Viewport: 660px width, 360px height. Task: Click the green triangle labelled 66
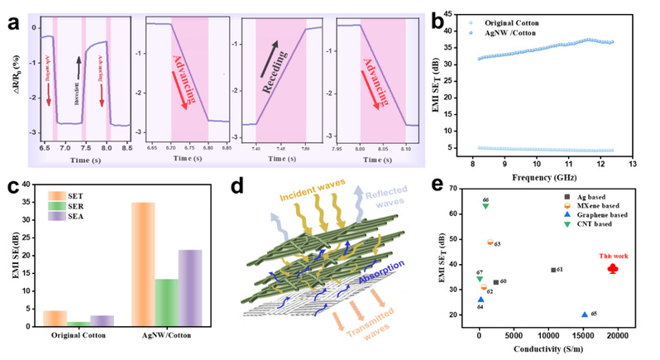click(x=485, y=205)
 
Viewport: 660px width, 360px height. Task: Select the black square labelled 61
click(x=553, y=270)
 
